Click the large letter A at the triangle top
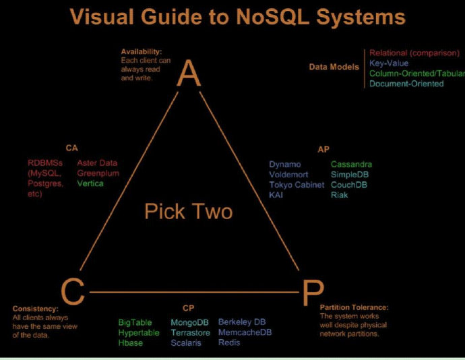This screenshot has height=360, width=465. tap(189, 74)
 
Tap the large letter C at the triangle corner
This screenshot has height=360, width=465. tap(73, 291)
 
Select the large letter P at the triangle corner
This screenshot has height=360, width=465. tap(311, 293)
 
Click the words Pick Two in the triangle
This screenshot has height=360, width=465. tap(188, 212)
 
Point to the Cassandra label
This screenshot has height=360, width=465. tap(351, 164)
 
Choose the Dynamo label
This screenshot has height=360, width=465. tap(285, 164)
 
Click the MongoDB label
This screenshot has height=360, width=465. tap(189, 322)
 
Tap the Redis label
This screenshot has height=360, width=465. tap(229, 342)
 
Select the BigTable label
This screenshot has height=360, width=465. tap(135, 322)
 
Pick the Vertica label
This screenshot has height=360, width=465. tap(90, 183)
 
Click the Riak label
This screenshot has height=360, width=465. tap(340, 195)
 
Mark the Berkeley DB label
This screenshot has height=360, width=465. tap(242, 322)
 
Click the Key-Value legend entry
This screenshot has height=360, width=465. tap(389, 63)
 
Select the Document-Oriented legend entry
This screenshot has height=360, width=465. tap(406, 84)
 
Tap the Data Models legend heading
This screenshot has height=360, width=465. tap(334, 67)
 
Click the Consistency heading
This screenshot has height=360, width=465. tap(35, 308)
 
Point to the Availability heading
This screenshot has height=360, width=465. tap(142, 51)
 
